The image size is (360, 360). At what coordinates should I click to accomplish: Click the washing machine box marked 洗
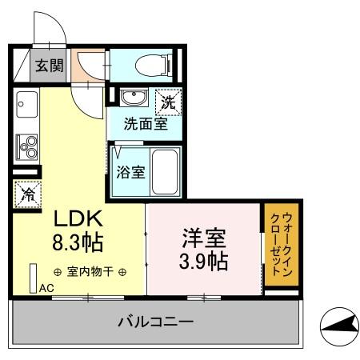coord(167,102)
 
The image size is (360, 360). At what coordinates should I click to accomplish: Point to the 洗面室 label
coord(145,124)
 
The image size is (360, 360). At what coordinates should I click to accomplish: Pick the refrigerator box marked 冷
coord(26,193)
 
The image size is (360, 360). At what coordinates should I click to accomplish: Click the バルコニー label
coord(155,322)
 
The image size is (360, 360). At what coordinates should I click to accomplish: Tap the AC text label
coord(46,288)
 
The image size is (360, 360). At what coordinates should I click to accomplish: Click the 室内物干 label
coord(90,272)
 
